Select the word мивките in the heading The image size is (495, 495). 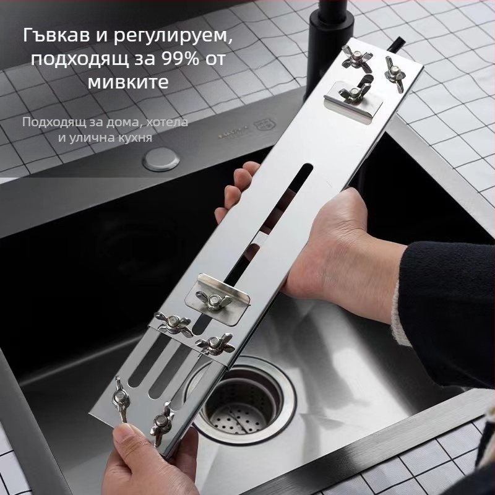click(x=127, y=82)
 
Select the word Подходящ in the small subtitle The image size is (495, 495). click(x=49, y=121)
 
